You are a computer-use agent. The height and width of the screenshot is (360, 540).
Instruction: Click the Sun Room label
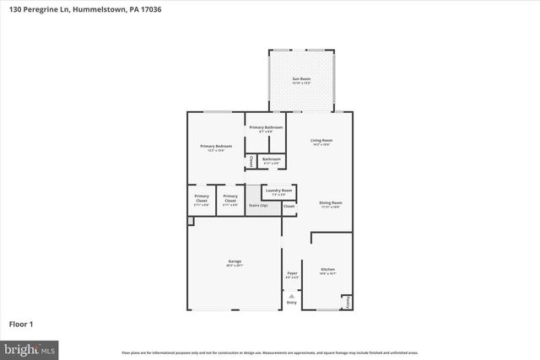pos(301,81)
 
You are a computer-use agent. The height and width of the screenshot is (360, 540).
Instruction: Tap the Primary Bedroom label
pos(216,148)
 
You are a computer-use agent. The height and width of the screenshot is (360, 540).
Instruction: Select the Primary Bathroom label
pos(265,128)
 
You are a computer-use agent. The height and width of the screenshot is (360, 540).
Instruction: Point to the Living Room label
pos(321,141)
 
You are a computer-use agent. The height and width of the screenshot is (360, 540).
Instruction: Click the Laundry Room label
pos(278,191)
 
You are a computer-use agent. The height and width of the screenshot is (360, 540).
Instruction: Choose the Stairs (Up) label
pos(258,205)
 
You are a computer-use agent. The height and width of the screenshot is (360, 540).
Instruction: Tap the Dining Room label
pos(330,204)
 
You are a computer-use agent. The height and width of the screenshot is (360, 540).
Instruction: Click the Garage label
pos(235,263)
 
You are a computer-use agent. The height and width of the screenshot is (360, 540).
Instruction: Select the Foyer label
pos(292,274)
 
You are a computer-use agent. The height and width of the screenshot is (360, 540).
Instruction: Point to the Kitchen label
pos(328,271)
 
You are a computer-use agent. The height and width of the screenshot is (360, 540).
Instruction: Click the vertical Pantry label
pos(348,302)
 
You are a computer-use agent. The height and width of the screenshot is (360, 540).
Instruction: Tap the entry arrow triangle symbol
pos(292,295)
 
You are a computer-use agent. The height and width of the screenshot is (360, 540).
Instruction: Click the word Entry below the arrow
pos(292,303)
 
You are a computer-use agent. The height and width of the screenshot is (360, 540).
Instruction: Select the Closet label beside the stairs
pos(289,206)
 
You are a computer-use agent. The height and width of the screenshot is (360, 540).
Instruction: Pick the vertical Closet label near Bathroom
pos(251,161)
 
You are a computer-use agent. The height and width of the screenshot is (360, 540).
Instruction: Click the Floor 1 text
pos(20,323)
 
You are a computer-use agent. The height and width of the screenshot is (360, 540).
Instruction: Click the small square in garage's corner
pos(191,221)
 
